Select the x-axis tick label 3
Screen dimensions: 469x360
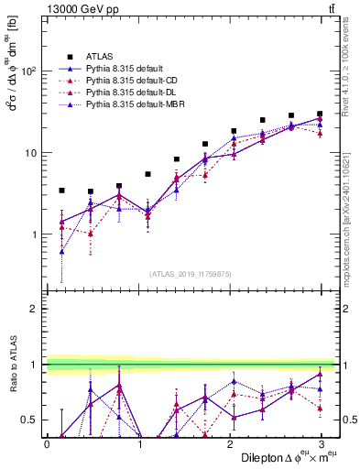[x=321, y=444]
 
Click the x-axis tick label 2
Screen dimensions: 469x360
[x=230, y=444]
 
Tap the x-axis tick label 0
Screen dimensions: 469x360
[x=48, y=444]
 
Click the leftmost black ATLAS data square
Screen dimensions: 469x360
[x=61, y=191]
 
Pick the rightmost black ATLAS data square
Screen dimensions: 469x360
[x=320, y=114]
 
